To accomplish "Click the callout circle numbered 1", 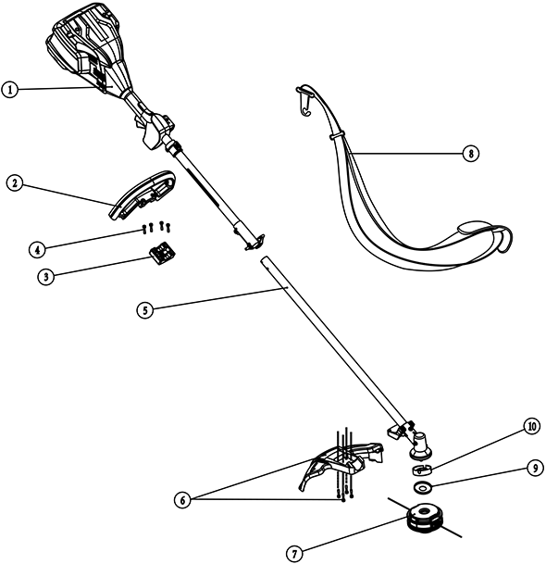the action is (10, 90).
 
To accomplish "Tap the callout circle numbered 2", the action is (15, 183).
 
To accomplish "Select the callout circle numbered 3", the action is (46, 277).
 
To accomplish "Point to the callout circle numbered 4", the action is (37, 250).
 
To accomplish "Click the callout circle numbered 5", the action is (145, 310).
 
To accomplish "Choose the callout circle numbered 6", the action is (183, 500).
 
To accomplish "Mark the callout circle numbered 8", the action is (471, 154).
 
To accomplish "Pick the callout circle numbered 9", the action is (535, 469).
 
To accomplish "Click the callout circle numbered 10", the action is (531, 427).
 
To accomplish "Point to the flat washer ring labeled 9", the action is (423, 487).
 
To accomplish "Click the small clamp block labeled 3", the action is (162, 253).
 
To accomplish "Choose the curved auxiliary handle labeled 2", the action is (142, 194).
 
